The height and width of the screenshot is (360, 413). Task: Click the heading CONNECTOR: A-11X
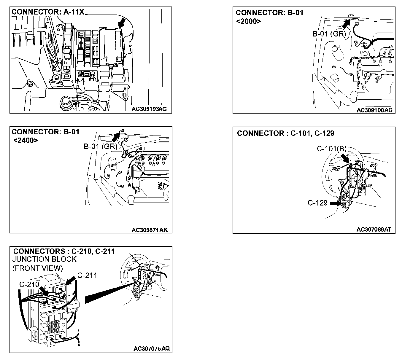(x=48, y=12)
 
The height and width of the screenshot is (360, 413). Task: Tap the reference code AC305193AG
(x=149, y=109)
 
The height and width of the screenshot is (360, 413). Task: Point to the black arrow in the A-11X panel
(x=121, y=23)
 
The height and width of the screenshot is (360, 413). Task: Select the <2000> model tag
(x=249, y=21)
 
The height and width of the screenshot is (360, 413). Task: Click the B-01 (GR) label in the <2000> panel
(x=329, y=34)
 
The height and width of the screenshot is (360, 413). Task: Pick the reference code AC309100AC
(x=374, y=110)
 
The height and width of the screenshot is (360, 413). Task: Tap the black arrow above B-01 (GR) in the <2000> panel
(x=349, y=23)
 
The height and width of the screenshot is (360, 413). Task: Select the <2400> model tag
(x=26, y=140)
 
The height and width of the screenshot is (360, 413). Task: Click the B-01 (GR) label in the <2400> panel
(x=101, y=146)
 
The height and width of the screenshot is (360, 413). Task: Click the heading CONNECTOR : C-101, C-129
(x=285, y=133)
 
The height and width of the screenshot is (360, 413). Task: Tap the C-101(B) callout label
(x=331, y=149)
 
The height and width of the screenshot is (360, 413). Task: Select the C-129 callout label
(x=317, y=203)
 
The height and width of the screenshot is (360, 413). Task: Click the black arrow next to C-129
(x=336, y=203)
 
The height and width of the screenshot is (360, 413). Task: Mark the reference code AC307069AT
(x=374, y=230)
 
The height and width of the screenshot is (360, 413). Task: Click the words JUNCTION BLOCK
(x=45, y=259)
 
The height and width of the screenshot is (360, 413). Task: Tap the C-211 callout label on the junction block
(x=87, y=275)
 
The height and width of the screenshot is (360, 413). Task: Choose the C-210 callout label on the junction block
(x=29, y=284)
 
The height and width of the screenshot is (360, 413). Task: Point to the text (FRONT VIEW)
(x=38, y=268)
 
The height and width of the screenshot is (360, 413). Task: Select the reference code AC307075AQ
(x=151, y=349)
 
